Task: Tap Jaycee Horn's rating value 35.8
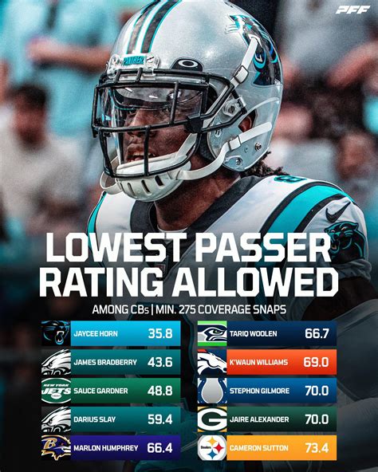coord(162,333)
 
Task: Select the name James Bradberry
coord(105,362)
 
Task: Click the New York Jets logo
coord(56,391)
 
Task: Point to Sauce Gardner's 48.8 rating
coord(162,391)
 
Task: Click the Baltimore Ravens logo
coord(56,447)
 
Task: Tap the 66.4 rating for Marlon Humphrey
coord(162,447)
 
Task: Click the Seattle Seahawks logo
coord(211,333)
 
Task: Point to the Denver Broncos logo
coord(211,362)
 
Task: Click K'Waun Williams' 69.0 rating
coord(317,362)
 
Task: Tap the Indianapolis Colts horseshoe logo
coord(211,391)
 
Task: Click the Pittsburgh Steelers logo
coord(211,447)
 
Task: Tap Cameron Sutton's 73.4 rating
coord(317,447)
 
